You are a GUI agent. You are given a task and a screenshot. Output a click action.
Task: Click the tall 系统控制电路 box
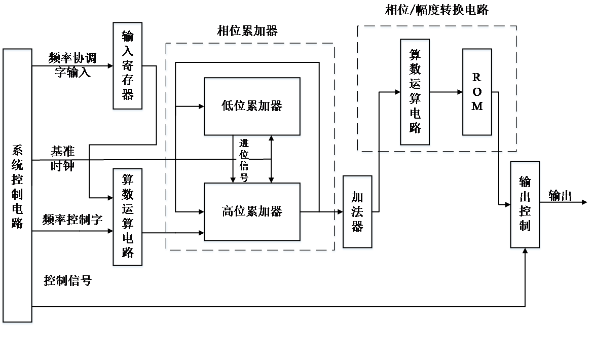point(18,187)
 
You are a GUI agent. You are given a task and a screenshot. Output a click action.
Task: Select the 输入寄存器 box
point(128,67)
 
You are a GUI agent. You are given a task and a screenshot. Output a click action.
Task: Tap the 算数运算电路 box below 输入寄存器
point(128,218)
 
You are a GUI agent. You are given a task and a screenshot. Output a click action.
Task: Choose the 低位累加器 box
point(252,107)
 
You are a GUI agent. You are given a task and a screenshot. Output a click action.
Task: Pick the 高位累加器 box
point(252,213)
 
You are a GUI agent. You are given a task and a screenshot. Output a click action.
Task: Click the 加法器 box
point(357,213)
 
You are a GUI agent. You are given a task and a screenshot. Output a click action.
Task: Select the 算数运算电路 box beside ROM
point(415,93)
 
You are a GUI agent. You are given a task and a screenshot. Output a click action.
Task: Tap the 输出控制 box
point(525,206)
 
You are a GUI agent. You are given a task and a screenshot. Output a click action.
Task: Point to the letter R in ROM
point(476,78)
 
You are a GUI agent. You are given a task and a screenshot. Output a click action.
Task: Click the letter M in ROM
point(476,108)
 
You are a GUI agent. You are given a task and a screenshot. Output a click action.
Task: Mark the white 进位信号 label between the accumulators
point(243,159)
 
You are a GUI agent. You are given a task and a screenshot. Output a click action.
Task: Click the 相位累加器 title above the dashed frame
point(247,31)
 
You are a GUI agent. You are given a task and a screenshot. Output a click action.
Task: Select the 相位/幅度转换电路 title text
point(437,10)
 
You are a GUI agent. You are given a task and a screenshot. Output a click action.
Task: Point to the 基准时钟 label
point(63,158)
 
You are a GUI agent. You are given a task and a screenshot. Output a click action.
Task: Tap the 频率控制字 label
point(72,220)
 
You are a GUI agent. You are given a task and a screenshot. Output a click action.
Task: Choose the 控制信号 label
point(68,280)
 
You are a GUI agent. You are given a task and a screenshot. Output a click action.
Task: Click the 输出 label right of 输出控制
point(561,196)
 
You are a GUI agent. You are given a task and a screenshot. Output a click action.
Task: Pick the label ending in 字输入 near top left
point(72,65)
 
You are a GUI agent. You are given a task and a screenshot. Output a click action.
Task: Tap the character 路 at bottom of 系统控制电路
point(18,222)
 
